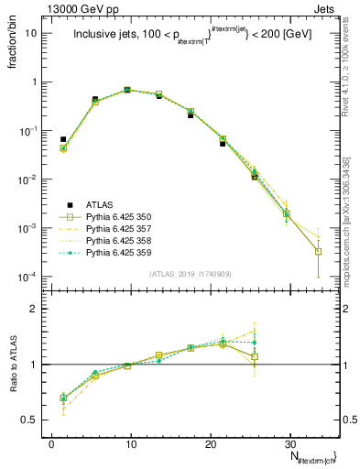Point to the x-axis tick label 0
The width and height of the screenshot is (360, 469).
click(51, 442)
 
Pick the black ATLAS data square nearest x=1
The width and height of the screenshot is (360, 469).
click(63, 139)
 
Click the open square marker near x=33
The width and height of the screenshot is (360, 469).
click(318, 251)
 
